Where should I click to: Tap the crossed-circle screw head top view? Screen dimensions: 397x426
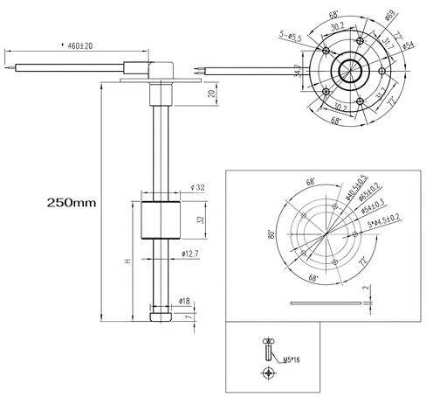click(267, 374)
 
